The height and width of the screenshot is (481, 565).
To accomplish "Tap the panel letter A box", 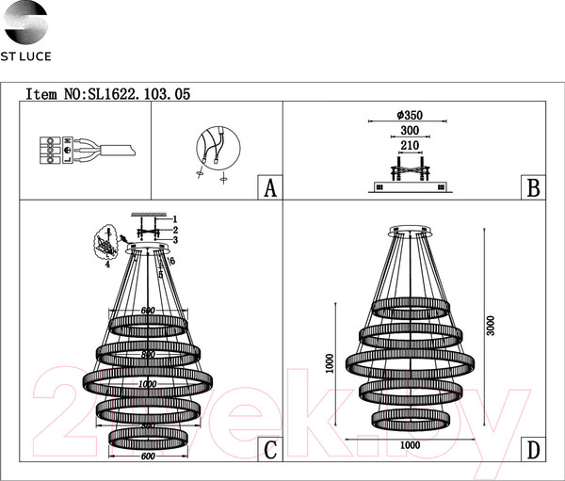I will (x=269, y=188).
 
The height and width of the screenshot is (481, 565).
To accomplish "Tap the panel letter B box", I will (x=532, y=188).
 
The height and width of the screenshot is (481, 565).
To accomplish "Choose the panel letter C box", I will (x=269, y=450).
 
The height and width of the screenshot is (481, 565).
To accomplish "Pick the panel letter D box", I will (x=532, y=450).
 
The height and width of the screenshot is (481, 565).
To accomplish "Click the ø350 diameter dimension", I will (x=410, y=116).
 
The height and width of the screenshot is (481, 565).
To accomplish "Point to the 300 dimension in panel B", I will (x=410, y=132).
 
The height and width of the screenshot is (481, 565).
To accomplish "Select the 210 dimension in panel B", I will (x=410, y=147).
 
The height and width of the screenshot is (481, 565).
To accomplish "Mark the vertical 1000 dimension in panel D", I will (x=330, y=363).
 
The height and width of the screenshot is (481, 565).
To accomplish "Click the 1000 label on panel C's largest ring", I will (x=147, y=384).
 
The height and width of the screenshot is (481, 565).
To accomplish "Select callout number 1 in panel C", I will (x=174, y=218).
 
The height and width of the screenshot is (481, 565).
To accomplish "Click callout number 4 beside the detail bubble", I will (x=107, y=265).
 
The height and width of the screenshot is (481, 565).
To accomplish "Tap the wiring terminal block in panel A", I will (x=44, y=151).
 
